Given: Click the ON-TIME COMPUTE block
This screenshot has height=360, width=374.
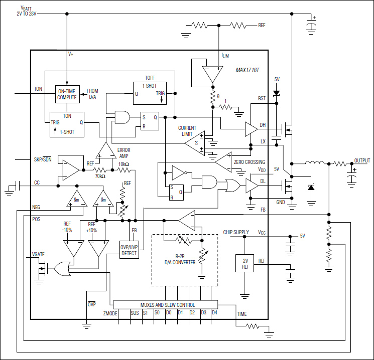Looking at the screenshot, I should point(67,94).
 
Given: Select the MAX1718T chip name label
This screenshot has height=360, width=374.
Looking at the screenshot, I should point(247,71).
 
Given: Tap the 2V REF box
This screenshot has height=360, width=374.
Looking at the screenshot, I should point(245,264).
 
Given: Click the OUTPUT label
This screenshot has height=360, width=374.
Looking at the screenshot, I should point(361,161).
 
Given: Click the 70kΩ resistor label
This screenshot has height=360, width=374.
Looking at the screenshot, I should point(100,176).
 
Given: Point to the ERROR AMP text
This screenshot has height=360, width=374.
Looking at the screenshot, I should point(123,152).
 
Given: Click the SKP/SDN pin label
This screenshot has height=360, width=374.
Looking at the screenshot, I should point(43,159).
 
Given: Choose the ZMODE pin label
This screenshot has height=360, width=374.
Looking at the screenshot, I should point(110,313).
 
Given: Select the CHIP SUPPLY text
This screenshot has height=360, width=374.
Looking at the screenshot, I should point(236,233).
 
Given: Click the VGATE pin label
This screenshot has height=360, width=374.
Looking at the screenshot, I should point(38,254).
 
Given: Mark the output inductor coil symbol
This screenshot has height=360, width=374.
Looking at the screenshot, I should point(316,163).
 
